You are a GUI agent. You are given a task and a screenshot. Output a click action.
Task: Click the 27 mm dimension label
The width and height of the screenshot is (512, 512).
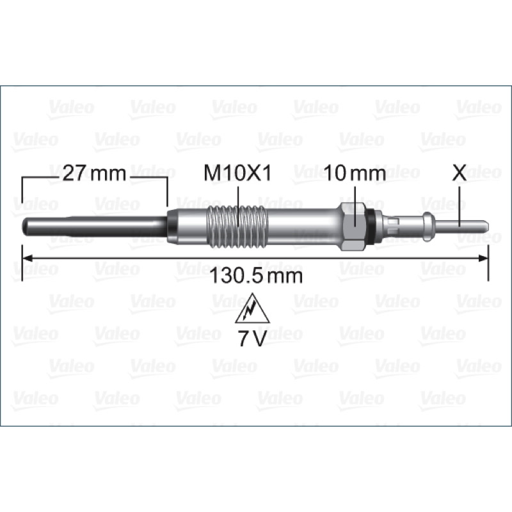pyautogui.click(x=94, y=173)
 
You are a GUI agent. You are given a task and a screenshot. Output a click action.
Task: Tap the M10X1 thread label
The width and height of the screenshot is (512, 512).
pyautogui.click(x=237, y=173)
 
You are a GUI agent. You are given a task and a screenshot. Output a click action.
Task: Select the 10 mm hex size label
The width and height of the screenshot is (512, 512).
pyautogui.click(x=355, y=173)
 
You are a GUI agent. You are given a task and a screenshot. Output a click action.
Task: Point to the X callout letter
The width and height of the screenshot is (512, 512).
pyautogui.click(x=459, y=173)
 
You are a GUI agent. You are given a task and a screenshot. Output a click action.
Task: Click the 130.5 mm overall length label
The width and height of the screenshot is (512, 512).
pyautogui.click(x=256, y=276)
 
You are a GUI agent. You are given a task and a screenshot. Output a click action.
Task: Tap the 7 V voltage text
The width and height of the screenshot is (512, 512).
pyautogui.click(x=252, y=339)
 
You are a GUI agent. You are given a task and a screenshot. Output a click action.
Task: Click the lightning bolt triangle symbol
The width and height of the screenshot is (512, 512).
pyautogui.click(x=252, y=308)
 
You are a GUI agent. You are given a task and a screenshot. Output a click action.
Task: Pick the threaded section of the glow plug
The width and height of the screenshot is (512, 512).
pyautogui.click(x=237, y=227)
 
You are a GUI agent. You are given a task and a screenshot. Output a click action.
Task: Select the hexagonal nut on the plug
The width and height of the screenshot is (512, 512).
pyautogui.click(x=354, y=227)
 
